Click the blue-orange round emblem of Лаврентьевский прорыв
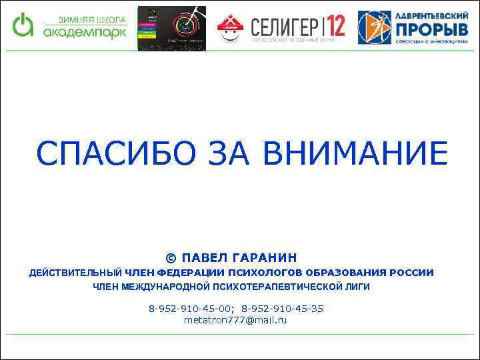click(373, 27)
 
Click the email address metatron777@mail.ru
click(235, 320)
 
